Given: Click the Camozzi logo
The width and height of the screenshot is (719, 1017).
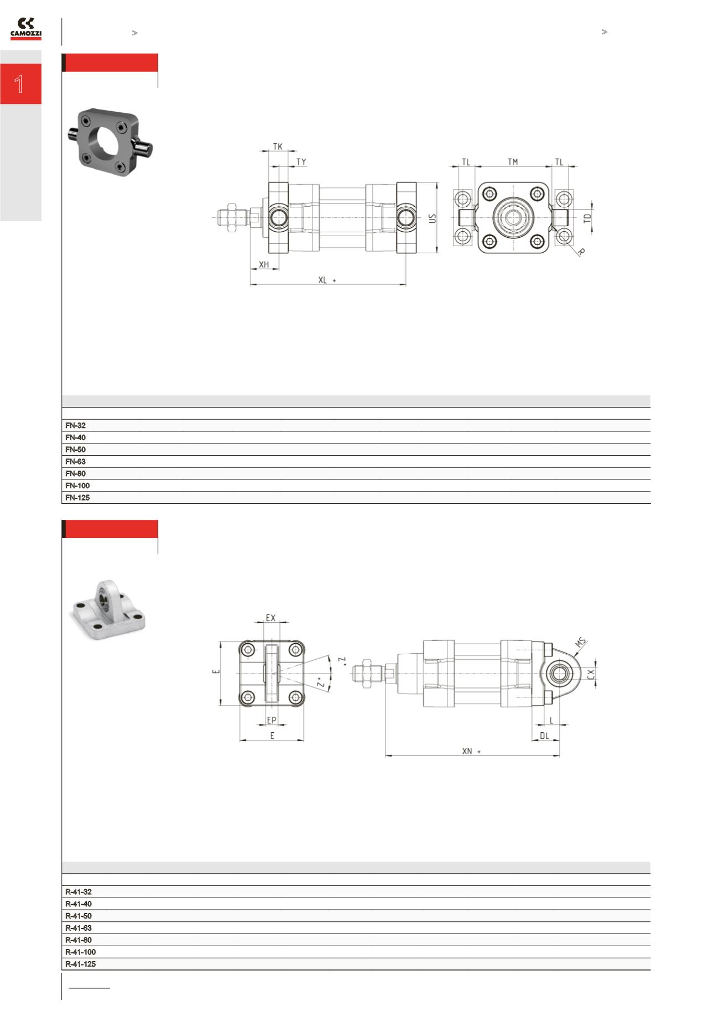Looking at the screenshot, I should [26, 29].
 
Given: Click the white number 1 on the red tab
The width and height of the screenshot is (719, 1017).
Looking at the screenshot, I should [19, 84].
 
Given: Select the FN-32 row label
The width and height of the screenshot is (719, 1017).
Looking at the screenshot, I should [75, 425].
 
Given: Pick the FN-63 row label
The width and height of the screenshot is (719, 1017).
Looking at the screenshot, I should [75, 461].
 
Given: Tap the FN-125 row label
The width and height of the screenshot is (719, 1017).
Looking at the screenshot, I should [77, 497].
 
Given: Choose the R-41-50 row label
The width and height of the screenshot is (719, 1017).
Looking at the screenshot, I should [79, 916].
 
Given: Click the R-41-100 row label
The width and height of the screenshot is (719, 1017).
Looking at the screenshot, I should [80, 952].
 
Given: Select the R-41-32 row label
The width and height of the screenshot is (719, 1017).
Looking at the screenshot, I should [79, 891].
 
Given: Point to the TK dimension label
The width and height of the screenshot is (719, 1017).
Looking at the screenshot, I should [278, 147].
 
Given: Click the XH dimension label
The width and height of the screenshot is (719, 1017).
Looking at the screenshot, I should [264, 265].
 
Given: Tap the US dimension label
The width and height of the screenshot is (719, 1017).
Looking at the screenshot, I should [433, 218].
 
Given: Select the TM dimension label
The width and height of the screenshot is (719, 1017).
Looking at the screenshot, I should [513, 162].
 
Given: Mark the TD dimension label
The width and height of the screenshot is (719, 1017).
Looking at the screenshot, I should [588, 218].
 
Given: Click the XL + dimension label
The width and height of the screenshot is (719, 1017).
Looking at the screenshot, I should [326, 280].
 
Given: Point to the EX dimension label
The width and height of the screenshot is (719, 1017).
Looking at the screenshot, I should [270, 618].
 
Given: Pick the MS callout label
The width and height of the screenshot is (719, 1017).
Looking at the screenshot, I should [580, 643].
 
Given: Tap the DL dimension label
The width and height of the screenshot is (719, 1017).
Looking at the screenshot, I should [544, 736].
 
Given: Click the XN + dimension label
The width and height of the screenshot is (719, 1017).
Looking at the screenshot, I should [471, 751].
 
